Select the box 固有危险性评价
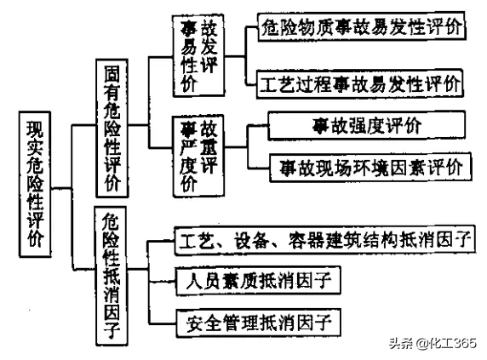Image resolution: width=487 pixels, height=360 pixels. coord(114,128)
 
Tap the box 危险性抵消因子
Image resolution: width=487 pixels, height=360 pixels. coord(114,277)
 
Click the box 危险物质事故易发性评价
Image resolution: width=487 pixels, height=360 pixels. coord(362,27)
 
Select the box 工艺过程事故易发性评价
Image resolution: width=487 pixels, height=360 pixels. coord(361,84)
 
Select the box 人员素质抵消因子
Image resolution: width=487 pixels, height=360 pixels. coord(257,278)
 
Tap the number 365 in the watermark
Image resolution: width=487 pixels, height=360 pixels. coord(464,343)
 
